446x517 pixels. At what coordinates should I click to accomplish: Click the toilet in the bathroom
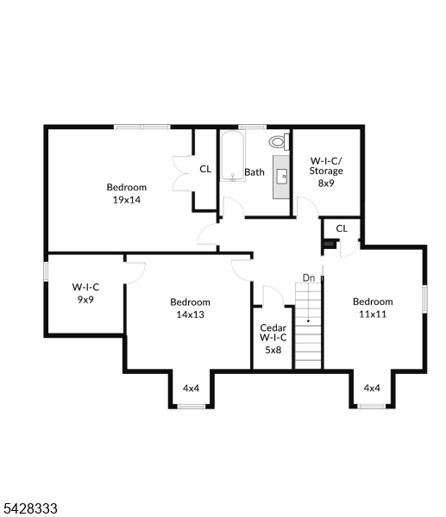pos(279,142)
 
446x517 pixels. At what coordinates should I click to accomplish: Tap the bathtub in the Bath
pos(233,156)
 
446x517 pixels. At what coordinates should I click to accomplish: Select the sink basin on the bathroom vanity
pos(281,176)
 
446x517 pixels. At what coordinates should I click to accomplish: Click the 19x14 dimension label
pos(127,200)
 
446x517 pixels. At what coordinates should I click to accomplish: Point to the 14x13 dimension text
pos(190,315)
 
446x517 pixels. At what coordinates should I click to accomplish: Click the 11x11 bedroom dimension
pos(373,314)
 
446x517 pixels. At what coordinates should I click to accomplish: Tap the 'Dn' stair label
pos(309,278)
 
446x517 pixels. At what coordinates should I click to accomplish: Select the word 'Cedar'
pos(273,327)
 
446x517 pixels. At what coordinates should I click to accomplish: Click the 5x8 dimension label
pos(273,350)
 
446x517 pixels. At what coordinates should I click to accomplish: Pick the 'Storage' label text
pos(326,171)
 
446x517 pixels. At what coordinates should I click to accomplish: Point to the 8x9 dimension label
pos(326,183)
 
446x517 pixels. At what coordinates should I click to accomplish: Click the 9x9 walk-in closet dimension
pos(85,300)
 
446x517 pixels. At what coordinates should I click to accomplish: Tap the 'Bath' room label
pos(254,172)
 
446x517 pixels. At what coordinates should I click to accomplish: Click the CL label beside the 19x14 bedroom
pos(205,169)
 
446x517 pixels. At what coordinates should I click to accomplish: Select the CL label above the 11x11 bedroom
pos(342,228)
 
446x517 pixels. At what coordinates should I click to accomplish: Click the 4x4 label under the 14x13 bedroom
pos(192,388)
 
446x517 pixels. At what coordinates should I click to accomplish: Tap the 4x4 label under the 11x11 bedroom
pos(372,388)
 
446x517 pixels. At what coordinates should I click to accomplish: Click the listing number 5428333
pos(29,508)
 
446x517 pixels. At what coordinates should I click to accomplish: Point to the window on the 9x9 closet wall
pos(47,271)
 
